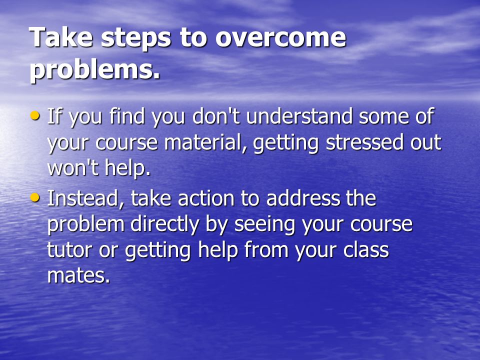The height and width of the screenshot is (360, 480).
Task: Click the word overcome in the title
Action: (x=280, y=37)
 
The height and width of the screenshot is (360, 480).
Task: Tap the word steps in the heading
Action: (x=135, y=38)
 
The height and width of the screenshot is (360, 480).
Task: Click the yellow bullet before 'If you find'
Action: (x=35, y=115)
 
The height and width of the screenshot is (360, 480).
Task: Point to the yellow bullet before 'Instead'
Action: (x=35, y=197)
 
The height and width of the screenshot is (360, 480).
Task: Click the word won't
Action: (x=73, y=168)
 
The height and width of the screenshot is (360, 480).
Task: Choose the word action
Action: (x=206, y=198)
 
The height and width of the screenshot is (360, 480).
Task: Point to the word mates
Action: (x=78, y=275)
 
